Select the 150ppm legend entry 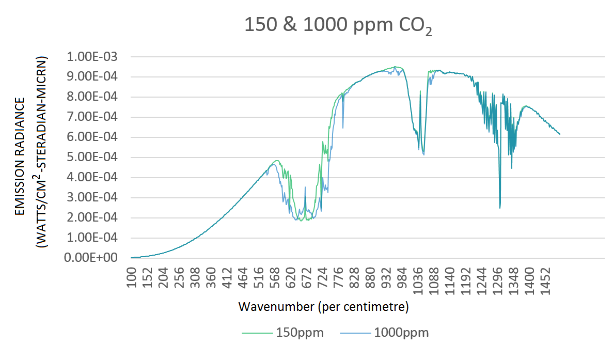coord(300,333)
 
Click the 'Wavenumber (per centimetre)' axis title coord(324,307)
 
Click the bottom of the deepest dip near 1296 coord(500,208)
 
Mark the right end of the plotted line coord(560,134)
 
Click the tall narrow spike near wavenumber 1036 coord(420,91)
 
